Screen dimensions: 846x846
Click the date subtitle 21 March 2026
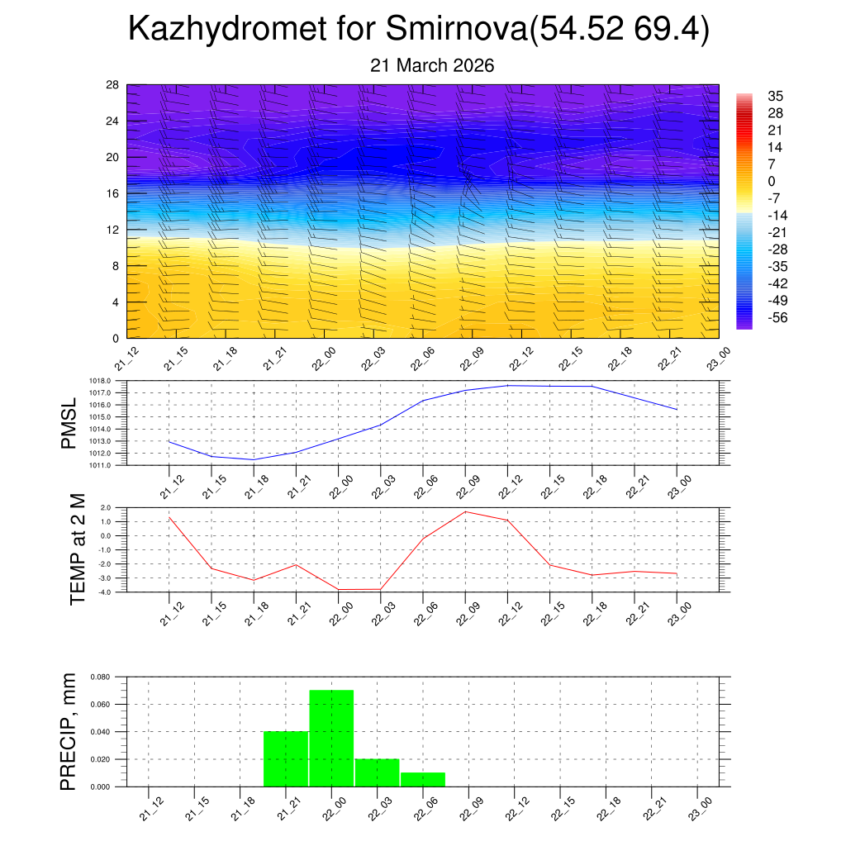pyautogui.click(x=432, y=65)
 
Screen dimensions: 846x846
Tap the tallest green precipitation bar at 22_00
pyautogui.click(x=331, y=738)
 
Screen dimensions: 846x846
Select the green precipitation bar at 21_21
pyautogui.click(x=286, y=758)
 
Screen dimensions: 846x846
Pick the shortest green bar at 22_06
pyautogui.click(x=423, y=779)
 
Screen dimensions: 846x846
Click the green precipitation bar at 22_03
pyautogui.click(x=378, y=772)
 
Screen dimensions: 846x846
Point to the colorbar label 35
pyautogui.click(x=776, y=95)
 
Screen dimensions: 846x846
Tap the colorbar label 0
pyautogui.click(x=772, y=181)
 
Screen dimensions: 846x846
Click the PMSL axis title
pyautogui.click(x=70, y=423)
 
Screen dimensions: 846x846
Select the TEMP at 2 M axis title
pyautogui.click(x=78, y=549)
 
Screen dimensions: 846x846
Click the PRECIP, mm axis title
pyautogui.click(x=70, y=732)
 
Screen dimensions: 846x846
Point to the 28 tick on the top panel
pyautogui.click(x=112, y=85)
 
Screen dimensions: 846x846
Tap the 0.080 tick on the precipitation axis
pyautogui.click(x=100, y=677)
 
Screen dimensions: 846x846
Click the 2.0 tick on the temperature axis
pyautogui.click(x=106, y=507)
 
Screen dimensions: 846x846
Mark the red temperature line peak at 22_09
pyautogui.click(x=465, y=511)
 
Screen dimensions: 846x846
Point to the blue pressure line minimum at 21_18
pyautogui.click(x=254, y=459)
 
